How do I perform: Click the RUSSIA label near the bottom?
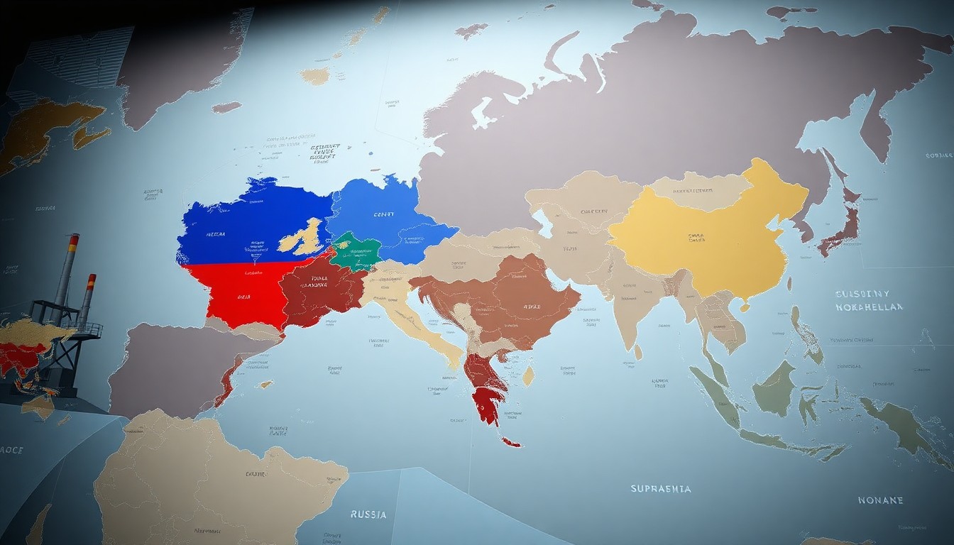pos(368,514)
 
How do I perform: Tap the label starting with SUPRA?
pos(660,488)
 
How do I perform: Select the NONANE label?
pos(880,500)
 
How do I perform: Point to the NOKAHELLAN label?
pos(869,307)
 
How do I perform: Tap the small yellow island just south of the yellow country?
pos(745,307)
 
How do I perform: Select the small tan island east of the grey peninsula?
pos(265,384)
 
